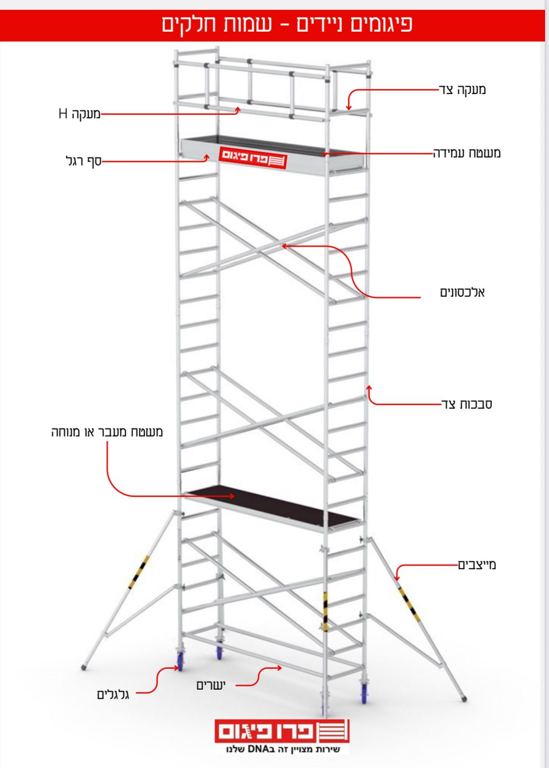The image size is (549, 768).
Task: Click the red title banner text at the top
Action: [287, 24]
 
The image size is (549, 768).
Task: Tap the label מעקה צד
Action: [462, 90]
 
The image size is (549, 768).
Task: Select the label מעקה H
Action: [79, 113]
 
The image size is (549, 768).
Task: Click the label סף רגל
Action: [84, 161]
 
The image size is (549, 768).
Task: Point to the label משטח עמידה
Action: [467, 153]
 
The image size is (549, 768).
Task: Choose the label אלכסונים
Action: [462, 292]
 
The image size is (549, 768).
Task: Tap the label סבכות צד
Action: [466, 404]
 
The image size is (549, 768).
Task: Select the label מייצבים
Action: [477, 565]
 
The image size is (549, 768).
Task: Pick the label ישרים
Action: [211, 685]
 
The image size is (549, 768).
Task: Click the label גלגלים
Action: [113, 695]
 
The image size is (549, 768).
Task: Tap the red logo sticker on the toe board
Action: [253, 158]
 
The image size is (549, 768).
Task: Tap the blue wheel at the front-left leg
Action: [180, 661]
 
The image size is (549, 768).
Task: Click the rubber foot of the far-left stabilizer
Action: [84, 667]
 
